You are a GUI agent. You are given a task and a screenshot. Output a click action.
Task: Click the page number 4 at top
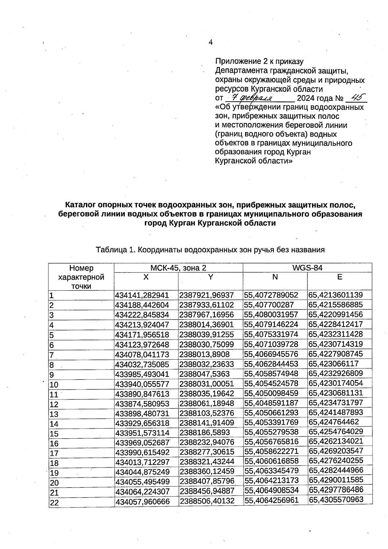tap(211, 42)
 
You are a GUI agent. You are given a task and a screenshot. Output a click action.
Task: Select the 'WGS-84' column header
tap(307, 267)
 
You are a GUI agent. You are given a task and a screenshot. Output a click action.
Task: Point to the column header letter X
tap(146, 277)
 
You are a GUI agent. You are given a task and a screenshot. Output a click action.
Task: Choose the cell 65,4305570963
tap(336, 499)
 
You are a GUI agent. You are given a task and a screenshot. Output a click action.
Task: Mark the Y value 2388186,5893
tap(205, 433)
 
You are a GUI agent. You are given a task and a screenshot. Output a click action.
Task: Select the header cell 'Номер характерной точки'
tap(81, 277)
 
